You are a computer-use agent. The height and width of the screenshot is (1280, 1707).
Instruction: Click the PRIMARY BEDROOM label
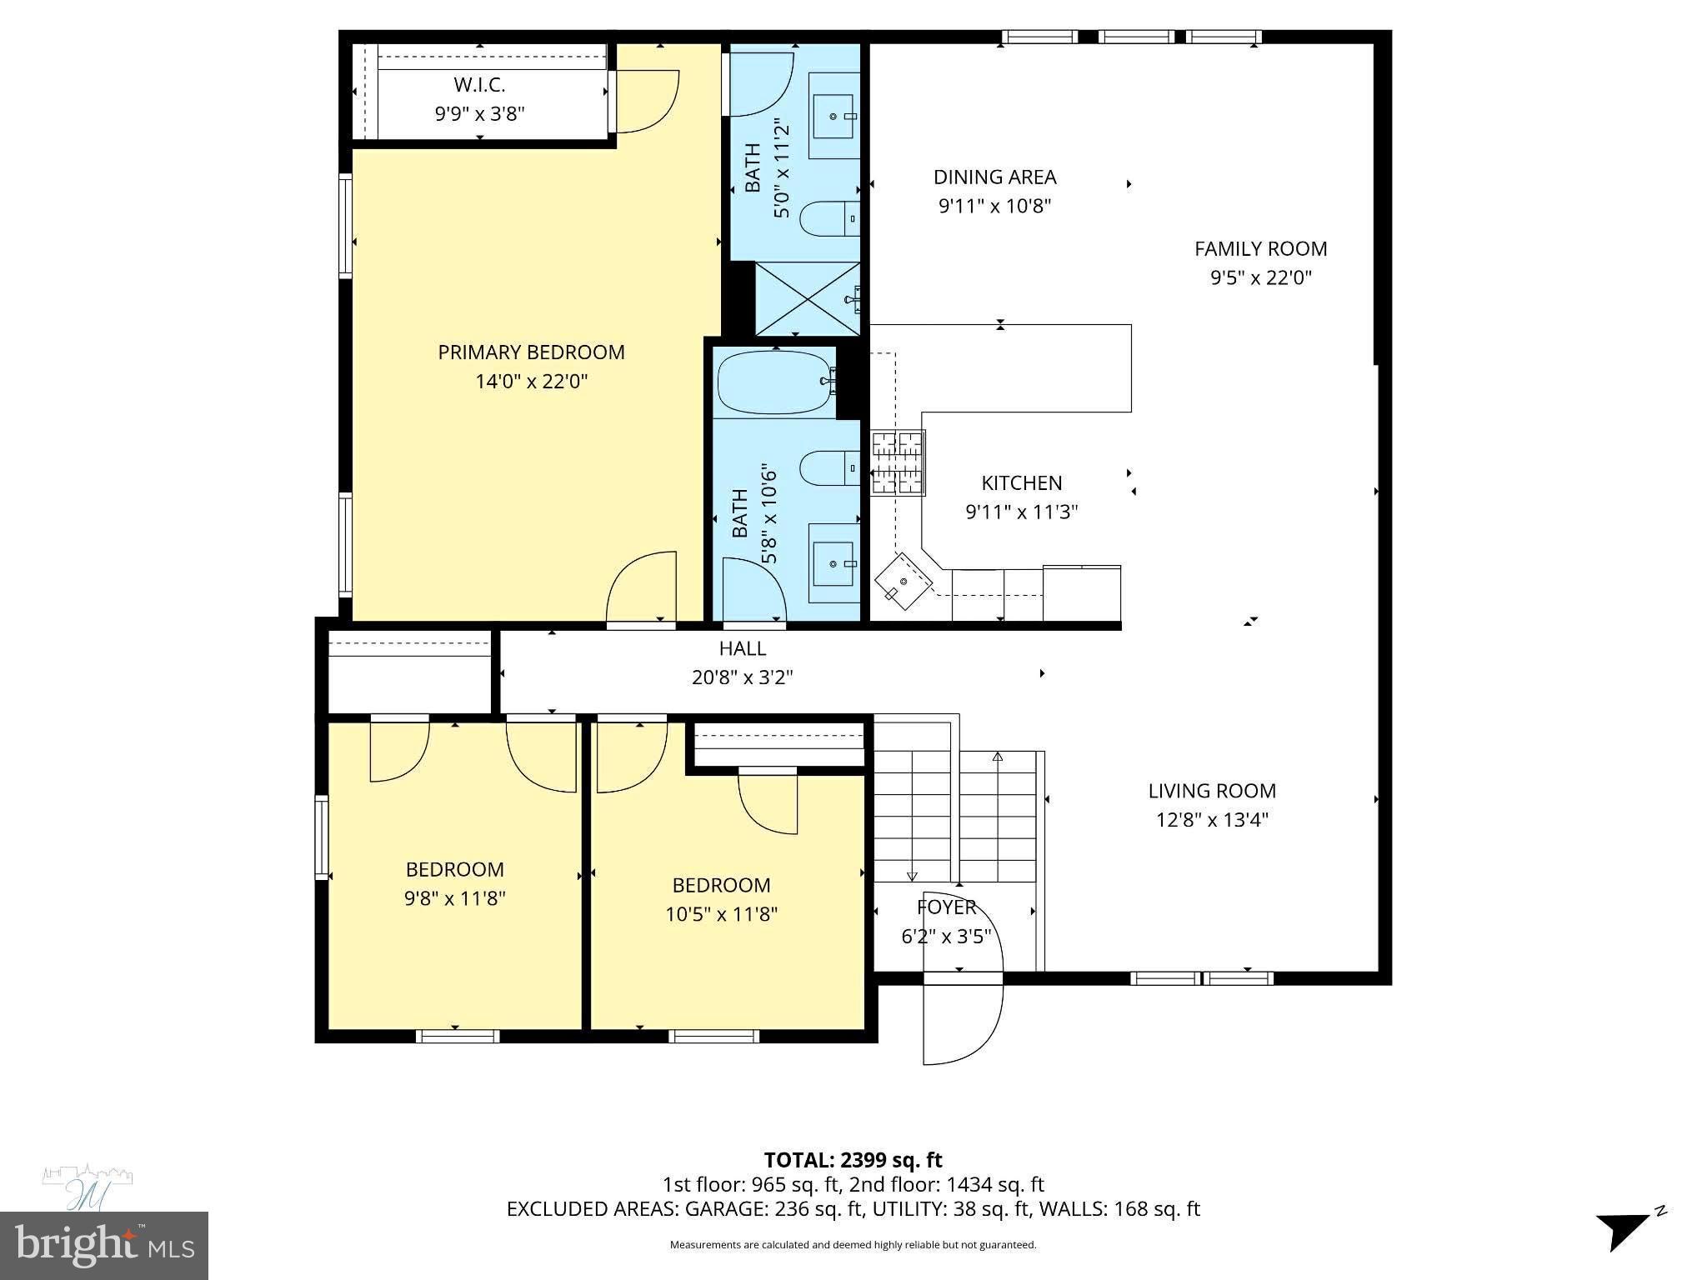[x=531, y=352]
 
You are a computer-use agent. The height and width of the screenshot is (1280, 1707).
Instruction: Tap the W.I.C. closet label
[x=479, y=85]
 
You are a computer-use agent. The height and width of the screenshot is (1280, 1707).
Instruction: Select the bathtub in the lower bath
[x=774, y=382]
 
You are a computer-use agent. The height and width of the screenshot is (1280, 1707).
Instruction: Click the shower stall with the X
[x=807, y=298]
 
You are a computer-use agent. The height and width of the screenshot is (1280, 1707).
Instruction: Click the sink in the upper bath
[x=834, y=117]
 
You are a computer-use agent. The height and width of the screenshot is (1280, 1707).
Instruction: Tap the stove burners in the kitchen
[x=898, y=462]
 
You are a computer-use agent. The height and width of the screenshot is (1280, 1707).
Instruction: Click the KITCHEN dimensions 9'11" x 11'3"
[x=1022, y=512]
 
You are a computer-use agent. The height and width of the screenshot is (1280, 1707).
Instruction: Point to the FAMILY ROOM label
[x=1260, y=248]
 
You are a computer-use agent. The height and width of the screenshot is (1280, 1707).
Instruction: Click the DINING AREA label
[x=994, y=177]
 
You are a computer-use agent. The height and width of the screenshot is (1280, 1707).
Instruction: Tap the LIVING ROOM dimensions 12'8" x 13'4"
[x=1212, y=819]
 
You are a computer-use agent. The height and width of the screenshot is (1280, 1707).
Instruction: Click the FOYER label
[x=946, y=907]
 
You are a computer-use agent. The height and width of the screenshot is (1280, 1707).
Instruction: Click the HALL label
[x=742, y=648]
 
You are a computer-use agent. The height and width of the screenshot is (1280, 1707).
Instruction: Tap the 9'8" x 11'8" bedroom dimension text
[x=455, y=898]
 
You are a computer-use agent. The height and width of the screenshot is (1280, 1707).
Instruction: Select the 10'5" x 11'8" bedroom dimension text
[x=721, y=914]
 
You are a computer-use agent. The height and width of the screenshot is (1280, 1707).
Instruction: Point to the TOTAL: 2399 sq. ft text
[x=853, y=1160]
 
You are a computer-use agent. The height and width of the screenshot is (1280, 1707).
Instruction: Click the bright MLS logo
[x=104, y=1245]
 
